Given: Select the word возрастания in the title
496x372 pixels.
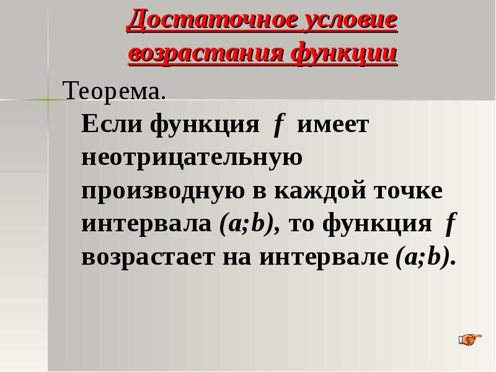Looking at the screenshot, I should click(202, 54).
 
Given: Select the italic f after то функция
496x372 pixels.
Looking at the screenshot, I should click(451, 224).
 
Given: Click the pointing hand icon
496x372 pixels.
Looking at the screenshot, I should click(469, 339).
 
